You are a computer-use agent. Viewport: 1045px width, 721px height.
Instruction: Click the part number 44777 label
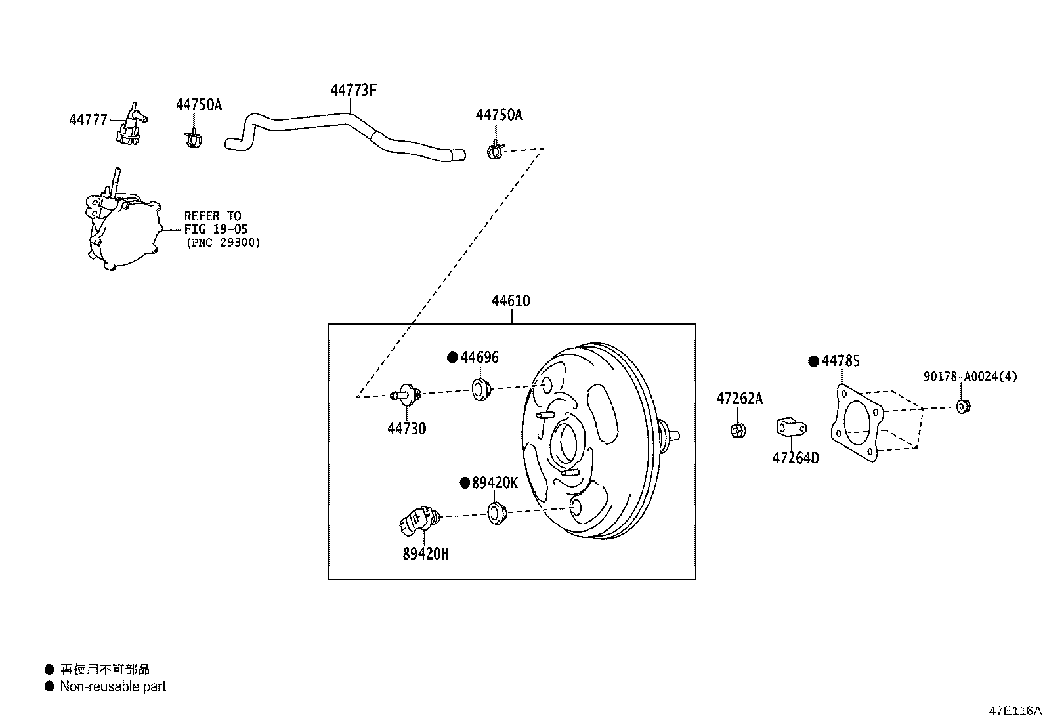(x=87, y=120)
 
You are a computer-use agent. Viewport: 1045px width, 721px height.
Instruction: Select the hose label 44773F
(x=353, y=91)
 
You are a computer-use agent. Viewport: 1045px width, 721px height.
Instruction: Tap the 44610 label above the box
(x=511, y=301)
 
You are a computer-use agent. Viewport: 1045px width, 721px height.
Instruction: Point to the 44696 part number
(x=479, y=358)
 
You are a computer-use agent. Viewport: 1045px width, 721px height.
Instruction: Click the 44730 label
(x=406, y=429)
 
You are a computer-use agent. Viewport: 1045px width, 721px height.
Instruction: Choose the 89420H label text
(x=425, y=554)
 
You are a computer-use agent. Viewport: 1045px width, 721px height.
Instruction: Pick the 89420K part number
(x=495, y=484)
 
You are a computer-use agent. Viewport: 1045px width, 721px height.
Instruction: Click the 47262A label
(x=740, y=399)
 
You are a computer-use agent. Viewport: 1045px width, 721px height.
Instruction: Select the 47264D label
(x=796, y=458)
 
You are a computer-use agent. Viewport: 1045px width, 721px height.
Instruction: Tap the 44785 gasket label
(x=841, y=361)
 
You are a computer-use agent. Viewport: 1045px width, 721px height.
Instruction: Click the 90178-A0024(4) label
(x=970, y=377)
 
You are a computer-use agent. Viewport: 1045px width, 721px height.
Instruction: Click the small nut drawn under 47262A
(x=736, y=430)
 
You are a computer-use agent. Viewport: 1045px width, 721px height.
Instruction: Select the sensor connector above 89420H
(x=416, y=520)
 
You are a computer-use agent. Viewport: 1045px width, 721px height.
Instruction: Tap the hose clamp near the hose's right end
(x=495, y=151)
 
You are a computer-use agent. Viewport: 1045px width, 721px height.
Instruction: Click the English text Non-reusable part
(x=113, y=686)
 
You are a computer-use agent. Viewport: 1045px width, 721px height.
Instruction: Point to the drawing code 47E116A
(x=1015, y=711)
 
